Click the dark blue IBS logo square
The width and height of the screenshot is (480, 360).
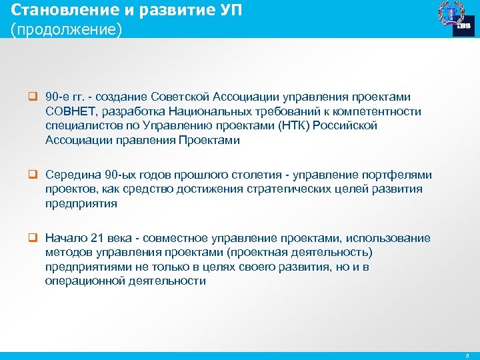pyautogui.click(x=464, y=25)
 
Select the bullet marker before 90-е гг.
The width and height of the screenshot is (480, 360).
pyautogui.click(x=31, y=97)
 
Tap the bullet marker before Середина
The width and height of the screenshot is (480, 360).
pyautogui.click(x=31, y=175)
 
